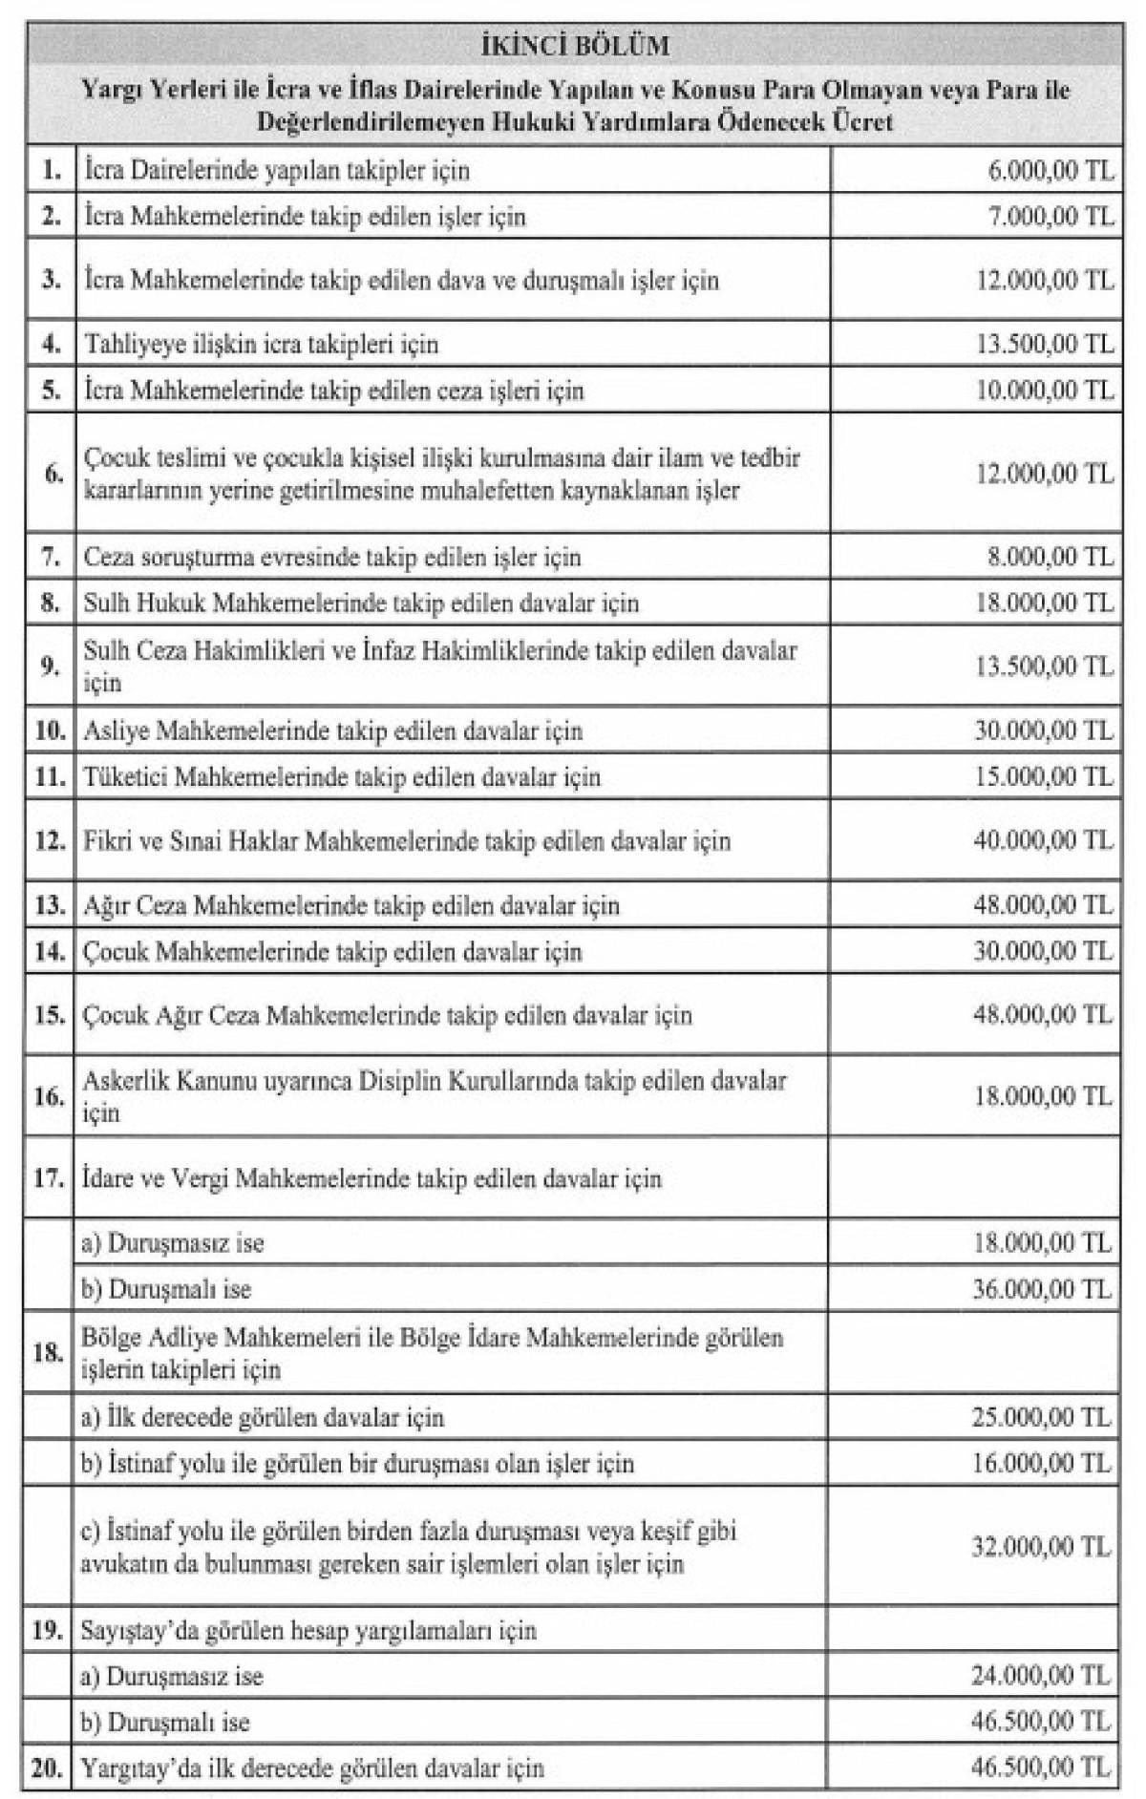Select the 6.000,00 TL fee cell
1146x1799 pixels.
click(1050, 170)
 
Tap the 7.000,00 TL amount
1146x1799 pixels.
click(1050, 216)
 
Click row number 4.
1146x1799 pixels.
click(51, 343)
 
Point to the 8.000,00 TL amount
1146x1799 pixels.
click(1050, 557)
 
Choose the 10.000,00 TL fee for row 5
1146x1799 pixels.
click(1044, 390)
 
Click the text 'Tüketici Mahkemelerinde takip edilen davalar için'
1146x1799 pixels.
click(342, 776)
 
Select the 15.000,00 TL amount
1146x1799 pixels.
click(1044, 776)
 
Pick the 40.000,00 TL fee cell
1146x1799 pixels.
click(1044, 840)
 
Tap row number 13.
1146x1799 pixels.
click(50, 905)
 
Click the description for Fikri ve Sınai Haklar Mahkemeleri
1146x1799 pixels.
click(407, 841)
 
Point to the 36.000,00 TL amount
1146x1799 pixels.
click(1043, 1289)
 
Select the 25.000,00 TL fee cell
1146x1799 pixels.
click(1043, 1417)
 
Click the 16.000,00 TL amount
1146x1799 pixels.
click(1043, 1463)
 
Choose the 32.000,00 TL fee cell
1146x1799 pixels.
click(1043, 1546)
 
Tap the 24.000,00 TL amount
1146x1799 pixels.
click(1043, 1676)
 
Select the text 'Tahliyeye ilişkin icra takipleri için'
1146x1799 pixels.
click(261, 344)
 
